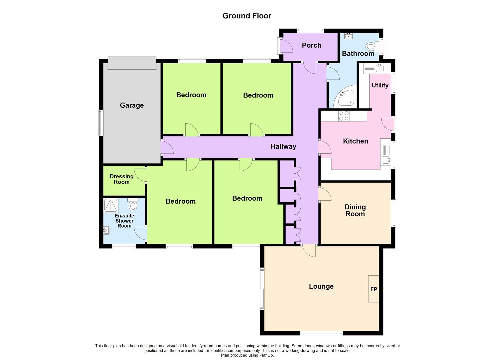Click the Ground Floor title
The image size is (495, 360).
(x=247, y=16)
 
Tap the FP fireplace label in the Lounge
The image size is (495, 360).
(x=374, y=289)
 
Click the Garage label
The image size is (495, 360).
(x=132, y=105)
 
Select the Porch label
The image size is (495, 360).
(x=311, y=45)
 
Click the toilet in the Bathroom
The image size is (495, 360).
(x=372, y=46)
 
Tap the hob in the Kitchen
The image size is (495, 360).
(x=344, y=116)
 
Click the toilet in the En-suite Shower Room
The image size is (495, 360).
(x=133, y=205)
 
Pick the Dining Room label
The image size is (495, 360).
(x=355, y=211)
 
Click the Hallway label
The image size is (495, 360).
(x=283, y=146)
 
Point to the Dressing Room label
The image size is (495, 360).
(x=122, y=179)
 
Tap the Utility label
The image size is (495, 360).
(x=380, y=85)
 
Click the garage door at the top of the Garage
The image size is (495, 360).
(x=132, y=63)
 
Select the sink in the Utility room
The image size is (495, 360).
(x=379, y=69)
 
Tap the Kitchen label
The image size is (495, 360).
(x=355, y=141)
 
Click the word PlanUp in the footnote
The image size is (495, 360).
(x=266, y=355)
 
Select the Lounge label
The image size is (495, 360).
(x=321, y=286)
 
